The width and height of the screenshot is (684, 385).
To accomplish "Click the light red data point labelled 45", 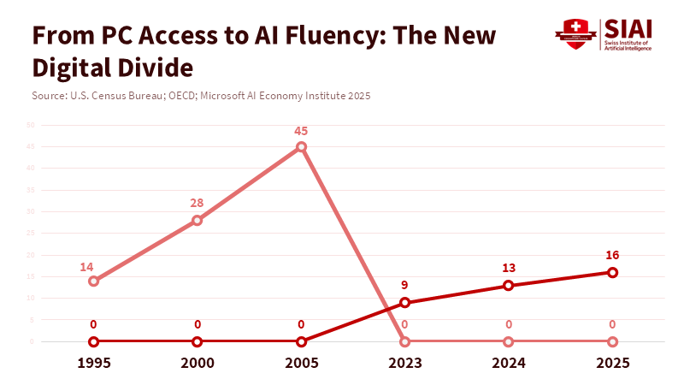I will tap(301, 147).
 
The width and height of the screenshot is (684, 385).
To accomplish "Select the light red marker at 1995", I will tap(93, 281).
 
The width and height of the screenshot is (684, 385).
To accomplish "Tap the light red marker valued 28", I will tap(198, 220).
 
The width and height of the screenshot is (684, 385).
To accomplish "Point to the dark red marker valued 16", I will tap(612, 272).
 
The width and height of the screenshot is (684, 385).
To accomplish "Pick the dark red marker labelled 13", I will tap(509, 285).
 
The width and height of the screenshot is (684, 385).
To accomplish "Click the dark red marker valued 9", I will tap(405, 302).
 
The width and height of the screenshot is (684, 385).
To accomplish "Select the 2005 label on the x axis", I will tap(301, 362).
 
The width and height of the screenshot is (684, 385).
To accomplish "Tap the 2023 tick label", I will tap(405, 362).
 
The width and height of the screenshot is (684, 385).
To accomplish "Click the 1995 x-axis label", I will tap(93, 362).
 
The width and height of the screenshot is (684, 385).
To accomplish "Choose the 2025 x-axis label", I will tap(612, 362).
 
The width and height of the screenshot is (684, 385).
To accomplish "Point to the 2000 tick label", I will tap(198, 362).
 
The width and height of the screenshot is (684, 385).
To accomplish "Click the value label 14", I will tap(87, 267).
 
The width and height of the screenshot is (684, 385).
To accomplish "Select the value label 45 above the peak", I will tap(301, 131).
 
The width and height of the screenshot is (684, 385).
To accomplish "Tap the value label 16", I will tap(612, 255).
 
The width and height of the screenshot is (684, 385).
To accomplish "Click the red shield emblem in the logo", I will tap(575, 33).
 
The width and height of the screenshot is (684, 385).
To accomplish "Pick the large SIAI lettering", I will tap(628, 29).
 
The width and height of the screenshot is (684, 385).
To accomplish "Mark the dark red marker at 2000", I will tap(198, 341).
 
